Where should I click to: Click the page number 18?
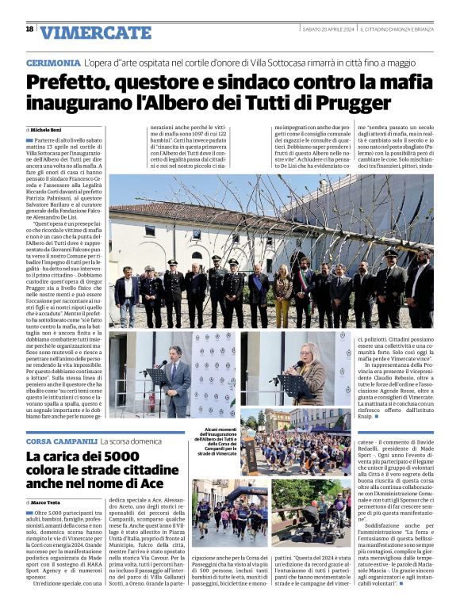tap(29, 29)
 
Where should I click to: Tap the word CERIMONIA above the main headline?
tap(52, 63)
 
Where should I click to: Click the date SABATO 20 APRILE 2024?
tap(328, 30)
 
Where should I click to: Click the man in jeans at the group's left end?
tap(125, 295)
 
